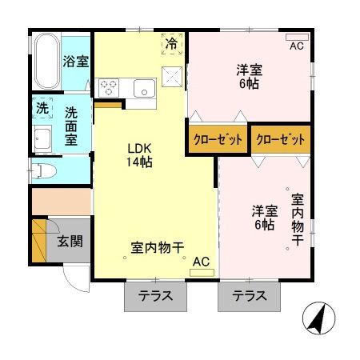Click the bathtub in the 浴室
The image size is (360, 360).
point(46,62)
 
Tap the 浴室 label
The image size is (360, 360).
point(76,62)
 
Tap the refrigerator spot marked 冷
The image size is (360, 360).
point(171,44)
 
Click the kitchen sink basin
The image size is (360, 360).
point(145,87)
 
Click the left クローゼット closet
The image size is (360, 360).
point(217,139)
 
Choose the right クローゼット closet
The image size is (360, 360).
point(281,139)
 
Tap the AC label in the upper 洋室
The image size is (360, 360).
point(297,46)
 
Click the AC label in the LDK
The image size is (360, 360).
point(201,261)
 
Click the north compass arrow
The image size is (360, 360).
point(318,322)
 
